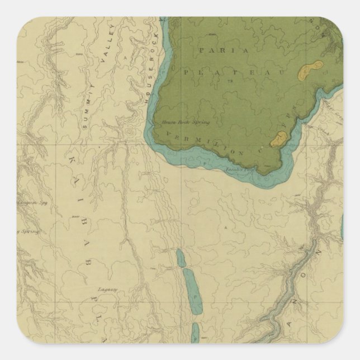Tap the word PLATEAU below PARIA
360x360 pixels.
coord(230,72)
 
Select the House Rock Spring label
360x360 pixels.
coord(177,121)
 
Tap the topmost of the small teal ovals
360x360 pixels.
coord(181,258)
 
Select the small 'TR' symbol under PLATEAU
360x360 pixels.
coord(229,82)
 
